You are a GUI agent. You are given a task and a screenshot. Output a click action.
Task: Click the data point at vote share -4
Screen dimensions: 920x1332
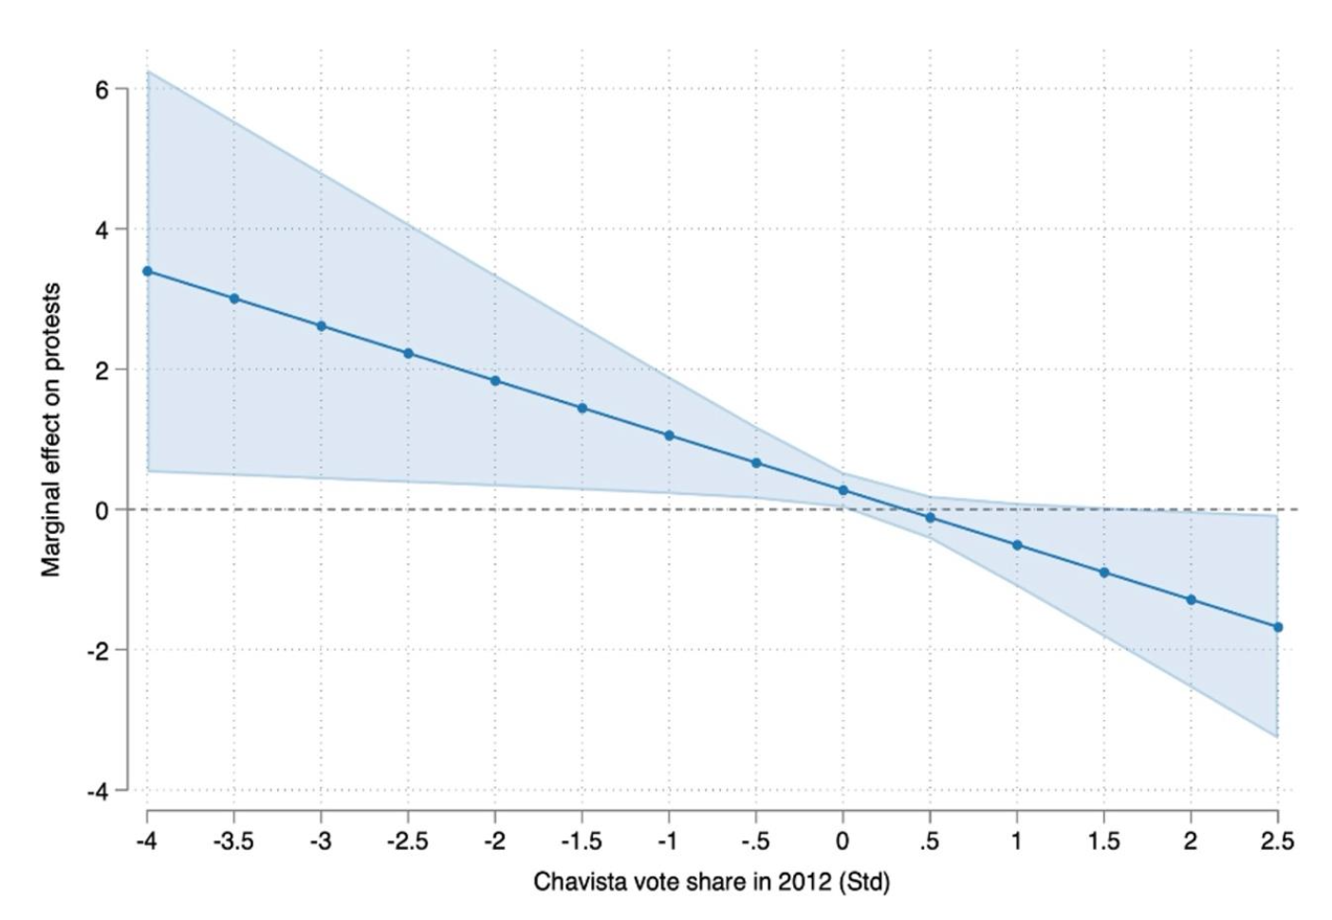[147, 271]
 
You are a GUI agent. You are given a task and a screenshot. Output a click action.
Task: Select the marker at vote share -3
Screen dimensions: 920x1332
[322, 326]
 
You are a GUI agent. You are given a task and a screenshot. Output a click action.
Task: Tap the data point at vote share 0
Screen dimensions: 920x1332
[842, 490]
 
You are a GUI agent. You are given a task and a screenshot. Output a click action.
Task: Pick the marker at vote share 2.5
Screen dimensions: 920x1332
[1278, 627]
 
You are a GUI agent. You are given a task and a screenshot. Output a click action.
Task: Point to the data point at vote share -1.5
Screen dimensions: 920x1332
[583, 408]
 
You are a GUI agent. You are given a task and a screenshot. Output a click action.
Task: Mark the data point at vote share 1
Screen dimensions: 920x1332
[1017, 545]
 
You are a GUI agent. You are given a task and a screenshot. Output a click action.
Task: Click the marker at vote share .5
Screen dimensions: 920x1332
[930, 518]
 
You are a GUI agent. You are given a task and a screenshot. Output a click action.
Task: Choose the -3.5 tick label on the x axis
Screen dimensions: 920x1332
[233, 841]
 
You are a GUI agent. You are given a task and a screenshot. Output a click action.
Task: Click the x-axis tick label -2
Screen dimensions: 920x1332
[494, 841]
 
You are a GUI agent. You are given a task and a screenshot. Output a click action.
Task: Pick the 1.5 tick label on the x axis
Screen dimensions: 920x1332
[1103, 841]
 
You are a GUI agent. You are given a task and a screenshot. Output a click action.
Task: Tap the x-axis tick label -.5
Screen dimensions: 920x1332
[755, 841]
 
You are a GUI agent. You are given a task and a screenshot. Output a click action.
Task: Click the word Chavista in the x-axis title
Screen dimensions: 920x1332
[574, 882]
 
